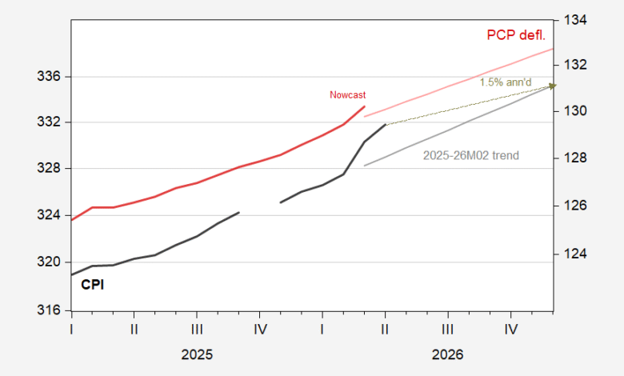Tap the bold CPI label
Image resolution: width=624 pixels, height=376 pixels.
tap(93, 283)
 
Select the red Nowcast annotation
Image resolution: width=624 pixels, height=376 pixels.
tap(347, 95)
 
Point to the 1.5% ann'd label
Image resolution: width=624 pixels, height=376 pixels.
tap(505, 82)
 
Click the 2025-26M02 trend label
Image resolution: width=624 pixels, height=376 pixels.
tap(470, 154)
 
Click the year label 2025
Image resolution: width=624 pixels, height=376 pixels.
tap(197, 354)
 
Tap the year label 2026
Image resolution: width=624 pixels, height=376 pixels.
tap(447, 354)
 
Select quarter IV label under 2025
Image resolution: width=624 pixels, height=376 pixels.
tap(259, 328)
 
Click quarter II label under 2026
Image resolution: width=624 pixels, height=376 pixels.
tap(385, 328)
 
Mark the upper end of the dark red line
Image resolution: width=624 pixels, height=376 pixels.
tap(365, 106)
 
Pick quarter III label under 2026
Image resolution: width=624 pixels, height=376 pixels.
tap(447, 328)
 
